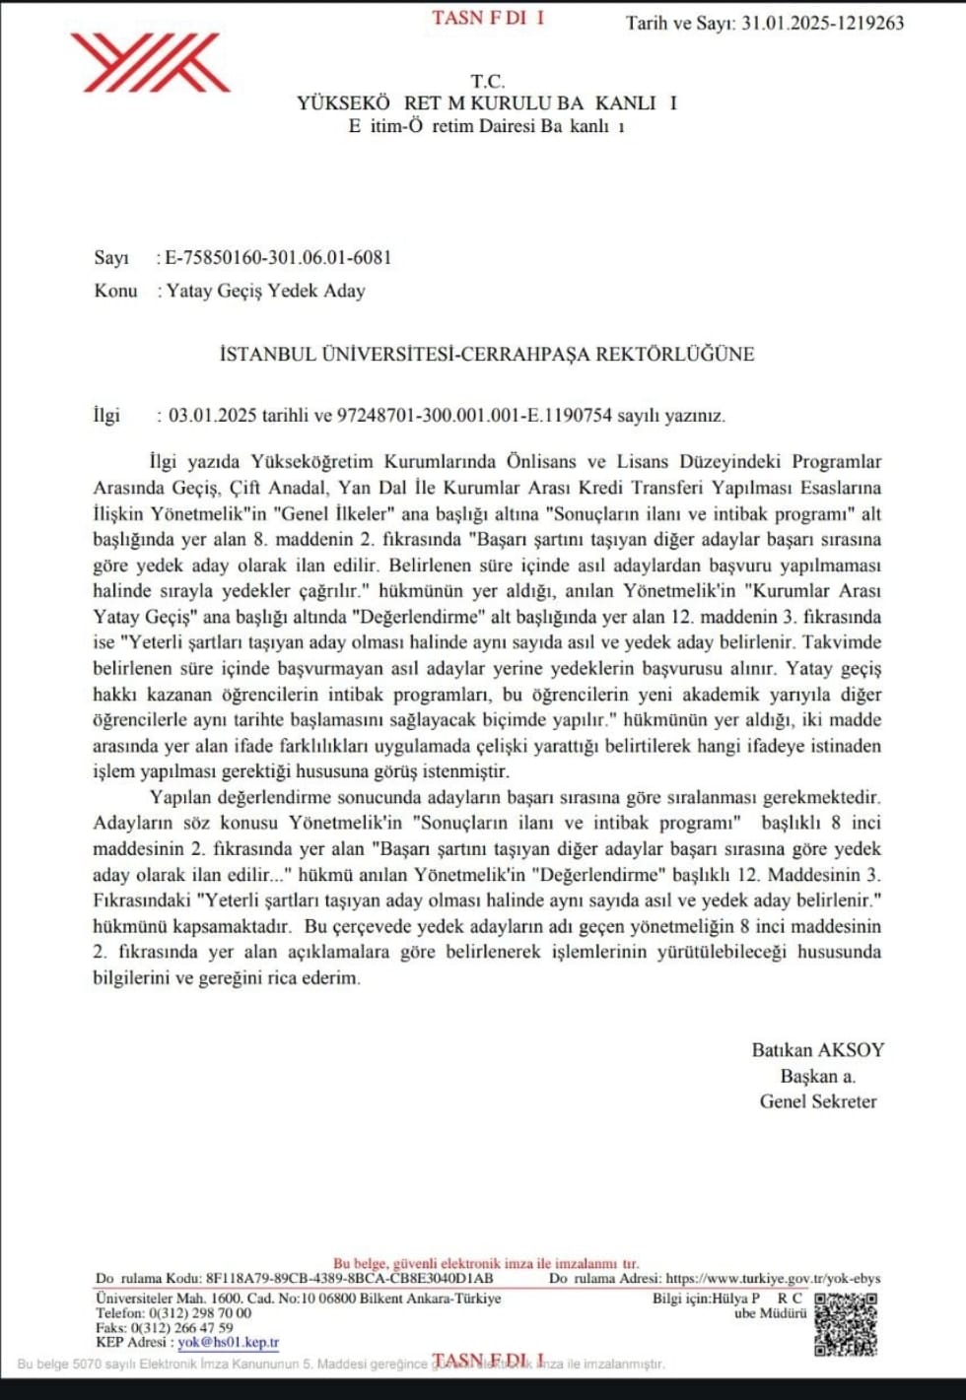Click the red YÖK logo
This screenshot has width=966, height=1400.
click(x=150, y=62)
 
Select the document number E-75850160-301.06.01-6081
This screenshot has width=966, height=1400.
click(x=278, y=257)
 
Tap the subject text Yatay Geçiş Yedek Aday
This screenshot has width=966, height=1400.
click(x=265, y=291)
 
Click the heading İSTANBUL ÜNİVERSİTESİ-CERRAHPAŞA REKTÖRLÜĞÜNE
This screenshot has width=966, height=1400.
click(x=486, y=354)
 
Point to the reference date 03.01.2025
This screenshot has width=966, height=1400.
click(x=212, y=415)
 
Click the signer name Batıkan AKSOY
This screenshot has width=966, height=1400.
click(x=817, y=1049)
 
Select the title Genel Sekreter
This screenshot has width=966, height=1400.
click(x=817, y=1101)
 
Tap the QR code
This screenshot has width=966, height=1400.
click(x=845, y=1322)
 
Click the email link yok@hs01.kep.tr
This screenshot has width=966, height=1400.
click(x=228, y=1342)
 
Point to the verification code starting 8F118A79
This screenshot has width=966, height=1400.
click(x=349, y=1278)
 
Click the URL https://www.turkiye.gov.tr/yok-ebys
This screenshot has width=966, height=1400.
click(x=773, y=1278)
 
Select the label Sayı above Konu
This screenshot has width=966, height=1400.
click(x=111, y=257)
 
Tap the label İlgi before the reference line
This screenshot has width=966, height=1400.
click(x=106, y=415)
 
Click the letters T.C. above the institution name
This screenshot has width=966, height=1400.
click(x=487, y=81)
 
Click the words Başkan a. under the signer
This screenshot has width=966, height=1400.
click(x=817, y=1076)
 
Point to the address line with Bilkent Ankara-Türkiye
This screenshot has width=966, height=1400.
click(x=298, y=1299)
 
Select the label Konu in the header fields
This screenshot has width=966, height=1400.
click(x=115, y=291)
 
